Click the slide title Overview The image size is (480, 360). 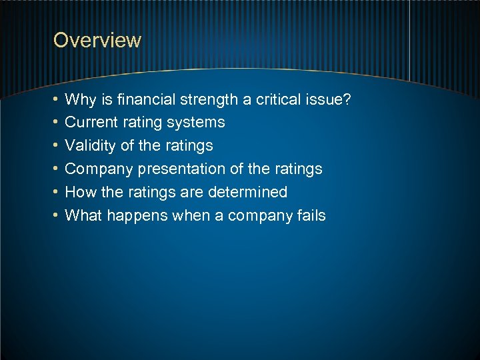tap(97, 40)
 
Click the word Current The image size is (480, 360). tap(90, 123)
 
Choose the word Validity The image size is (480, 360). tap(90, 146)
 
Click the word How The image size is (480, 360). tap(80, 192)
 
